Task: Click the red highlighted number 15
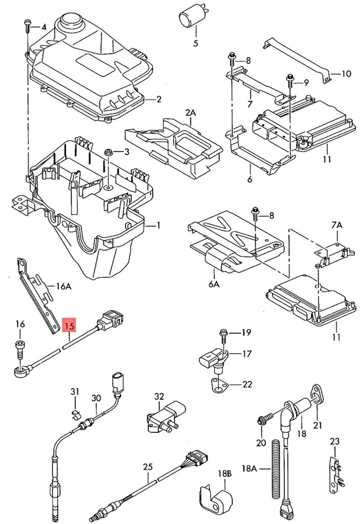pos(69,326)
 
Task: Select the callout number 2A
pos(190,113)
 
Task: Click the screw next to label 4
pos(27,25)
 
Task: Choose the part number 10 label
pos(347,74)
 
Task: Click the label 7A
pos(337,224)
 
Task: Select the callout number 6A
pos(214,284)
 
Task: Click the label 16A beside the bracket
pos(64,285)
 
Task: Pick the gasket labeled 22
pos(216,384)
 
